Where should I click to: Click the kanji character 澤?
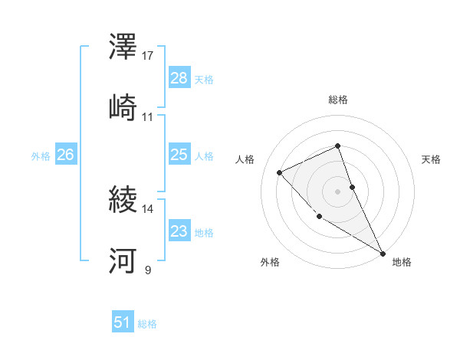[123, 47]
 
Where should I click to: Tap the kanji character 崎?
[123, 109]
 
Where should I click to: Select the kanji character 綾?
[123, 201]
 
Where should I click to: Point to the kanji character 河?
[123, 262]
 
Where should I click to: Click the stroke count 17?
[148, 56]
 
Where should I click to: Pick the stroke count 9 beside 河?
[148, 270]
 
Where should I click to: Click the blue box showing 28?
[179, 78]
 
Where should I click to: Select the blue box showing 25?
[179, 155]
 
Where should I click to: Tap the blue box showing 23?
[179, 231]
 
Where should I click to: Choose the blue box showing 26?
[66, 155]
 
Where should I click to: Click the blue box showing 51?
[123, 322]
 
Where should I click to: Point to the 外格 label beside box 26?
[41, 155]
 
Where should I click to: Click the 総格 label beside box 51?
[147, 324]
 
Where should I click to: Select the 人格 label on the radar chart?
[245, 160]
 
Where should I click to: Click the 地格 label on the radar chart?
[402, 263]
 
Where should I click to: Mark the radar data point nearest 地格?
[383, 253]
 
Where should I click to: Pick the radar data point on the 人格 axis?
[280, 172]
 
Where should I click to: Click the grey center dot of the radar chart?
[337, 191]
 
